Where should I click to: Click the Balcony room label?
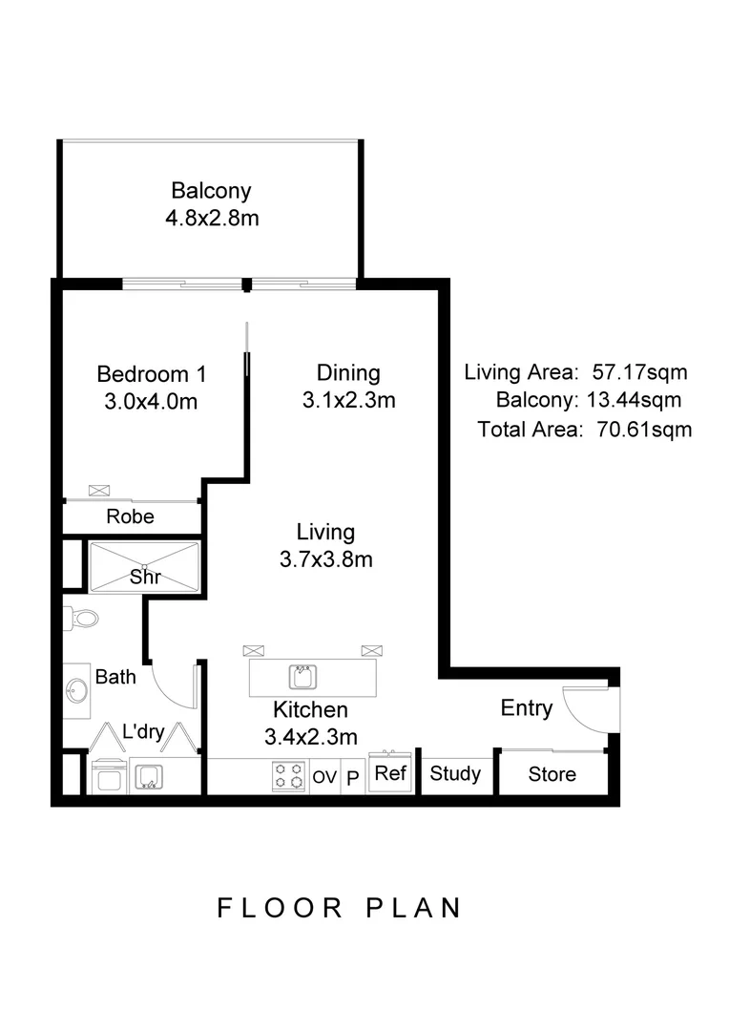point(211,191)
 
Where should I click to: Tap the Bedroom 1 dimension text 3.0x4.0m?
point(151,402)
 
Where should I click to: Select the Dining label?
point(348,373)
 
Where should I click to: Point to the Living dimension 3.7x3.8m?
point(325,559)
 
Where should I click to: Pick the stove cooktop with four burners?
point(288,776)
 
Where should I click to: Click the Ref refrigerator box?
point(389,773)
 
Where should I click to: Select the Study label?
point(455,773)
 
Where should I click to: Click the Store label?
point(552,774)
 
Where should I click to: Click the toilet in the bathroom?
point(82,619)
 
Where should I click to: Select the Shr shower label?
point(144,577)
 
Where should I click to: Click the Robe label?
point(131,517)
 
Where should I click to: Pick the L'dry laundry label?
point(144,733)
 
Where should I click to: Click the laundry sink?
point(148,776)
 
